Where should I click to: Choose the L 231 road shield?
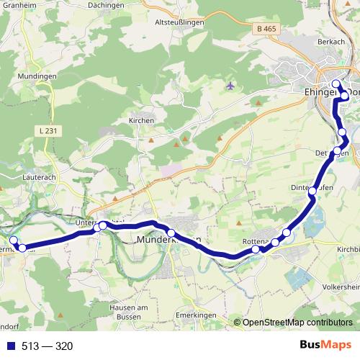pyautogui.click(x=45, y=129)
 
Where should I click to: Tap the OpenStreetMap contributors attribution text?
pyautogui.click(x=297, y=323)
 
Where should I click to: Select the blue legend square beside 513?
pyautogui.click(x=11, y=346)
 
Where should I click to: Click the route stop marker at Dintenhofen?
pyautogui.click(x=312, y=192)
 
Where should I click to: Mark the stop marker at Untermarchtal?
pyautogui.click(x=102, y=226)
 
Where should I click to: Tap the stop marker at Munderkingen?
pyautogui.click(x=171, y=232)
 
